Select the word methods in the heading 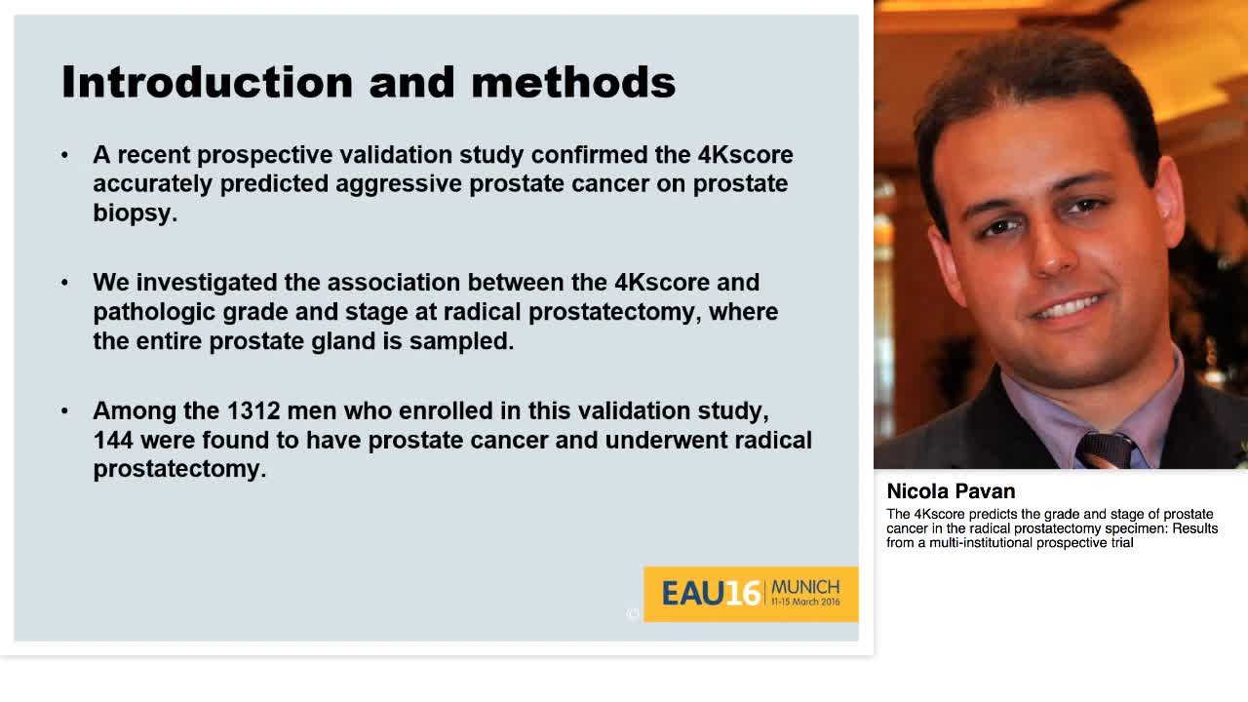[x=573, y=82]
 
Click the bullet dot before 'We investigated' [x=65, y=283]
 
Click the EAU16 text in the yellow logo [x=711, y=593]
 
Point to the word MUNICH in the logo [x=804, y=587]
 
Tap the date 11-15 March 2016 [x=804, y=603]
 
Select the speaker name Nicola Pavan [x=951, y=491]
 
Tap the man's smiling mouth [x=1065, y=309]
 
